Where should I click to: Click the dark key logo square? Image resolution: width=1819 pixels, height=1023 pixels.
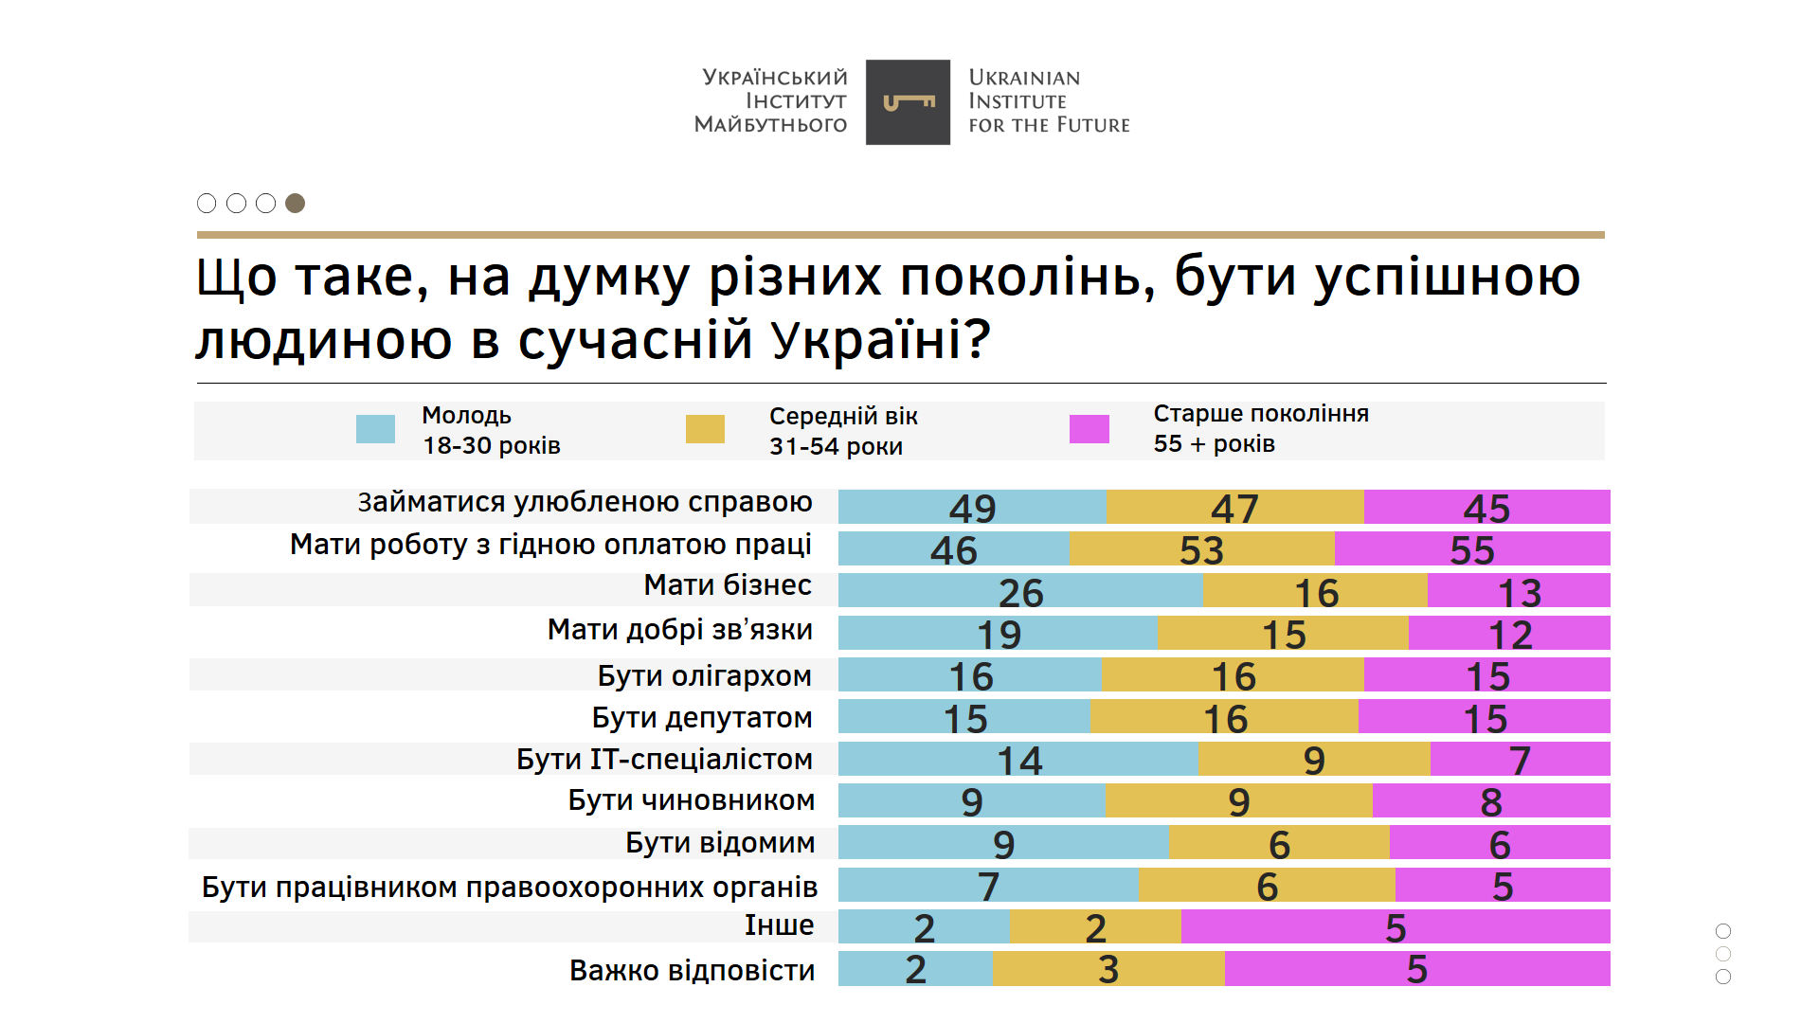(908, 102)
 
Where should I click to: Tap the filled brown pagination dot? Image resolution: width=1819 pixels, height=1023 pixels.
(296, 203)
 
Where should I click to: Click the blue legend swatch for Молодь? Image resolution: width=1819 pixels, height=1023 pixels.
(375, 429)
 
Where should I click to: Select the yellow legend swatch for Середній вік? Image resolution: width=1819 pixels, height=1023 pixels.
(705, 429)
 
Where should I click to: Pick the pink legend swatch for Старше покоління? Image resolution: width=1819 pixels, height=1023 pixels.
(1090, 429)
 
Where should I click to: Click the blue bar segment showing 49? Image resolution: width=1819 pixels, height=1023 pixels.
(972, 507)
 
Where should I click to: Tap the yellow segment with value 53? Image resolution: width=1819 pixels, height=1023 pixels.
(1201, 549)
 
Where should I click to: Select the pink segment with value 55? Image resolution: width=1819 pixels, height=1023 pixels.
(1472, 549)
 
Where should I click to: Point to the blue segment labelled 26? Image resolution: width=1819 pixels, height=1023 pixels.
(1020, 591)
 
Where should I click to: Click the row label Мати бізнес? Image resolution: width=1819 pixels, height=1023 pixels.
(728, 585)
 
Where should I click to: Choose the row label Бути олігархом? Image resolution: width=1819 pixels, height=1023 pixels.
(704, 675)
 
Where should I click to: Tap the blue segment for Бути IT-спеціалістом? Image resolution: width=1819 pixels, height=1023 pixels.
(1018, 760)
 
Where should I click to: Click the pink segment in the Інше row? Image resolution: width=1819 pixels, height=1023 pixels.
(1396, 927)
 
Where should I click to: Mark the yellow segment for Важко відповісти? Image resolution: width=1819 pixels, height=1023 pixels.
(1108, 969)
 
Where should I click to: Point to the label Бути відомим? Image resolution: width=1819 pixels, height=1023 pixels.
(720, 843)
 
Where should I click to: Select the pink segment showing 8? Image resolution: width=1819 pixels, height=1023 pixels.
(1491, 801)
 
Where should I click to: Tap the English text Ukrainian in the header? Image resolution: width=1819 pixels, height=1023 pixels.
(1024, 78)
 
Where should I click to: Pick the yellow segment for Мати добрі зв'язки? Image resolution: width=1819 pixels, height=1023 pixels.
(1283, 633)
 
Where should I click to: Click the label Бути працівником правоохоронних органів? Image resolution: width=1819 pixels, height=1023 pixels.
(510, 887)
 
